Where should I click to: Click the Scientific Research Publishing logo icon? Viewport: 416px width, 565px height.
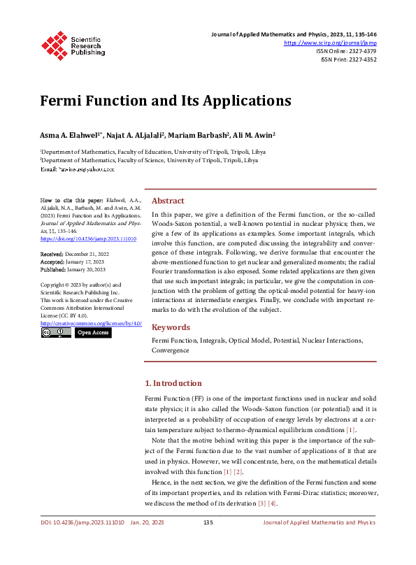[55, 43]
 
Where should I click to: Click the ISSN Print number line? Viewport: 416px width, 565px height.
[348, 59]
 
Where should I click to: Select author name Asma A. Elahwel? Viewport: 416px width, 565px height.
[71, 134]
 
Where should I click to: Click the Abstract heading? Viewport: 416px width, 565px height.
[168, 200]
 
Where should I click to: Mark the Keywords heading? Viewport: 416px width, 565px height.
[171, 327]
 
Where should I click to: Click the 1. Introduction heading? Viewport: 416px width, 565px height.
[173, 383]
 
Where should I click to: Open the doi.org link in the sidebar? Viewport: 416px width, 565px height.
[88, 238]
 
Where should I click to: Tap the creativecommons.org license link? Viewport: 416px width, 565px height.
[91, 323]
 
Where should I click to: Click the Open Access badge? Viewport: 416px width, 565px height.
[93, 333]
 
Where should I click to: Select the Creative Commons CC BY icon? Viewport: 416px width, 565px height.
[56, 333]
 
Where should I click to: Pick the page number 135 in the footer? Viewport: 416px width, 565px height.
[208, 522]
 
